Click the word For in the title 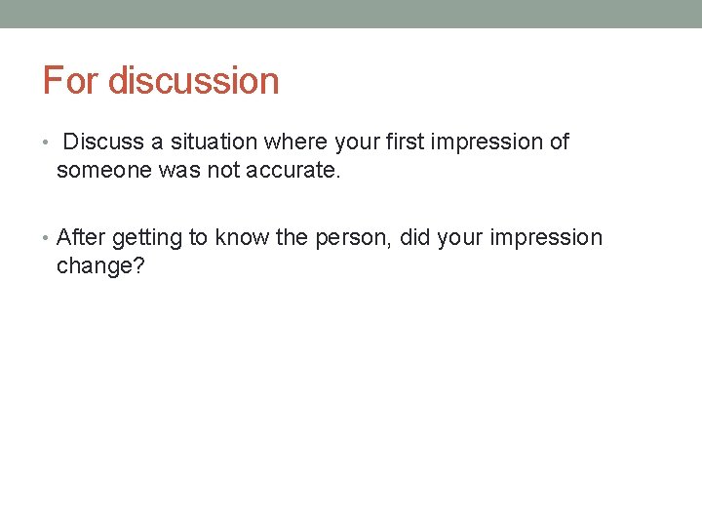tap(71, 80)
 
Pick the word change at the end tap(94, 266)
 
